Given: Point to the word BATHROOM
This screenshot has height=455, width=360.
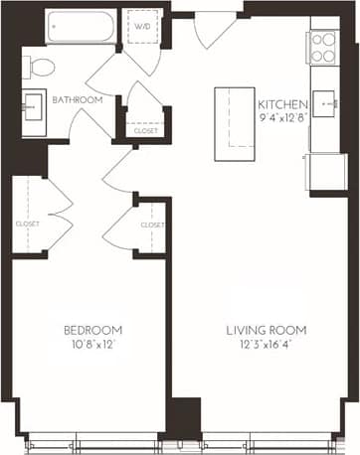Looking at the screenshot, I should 74,99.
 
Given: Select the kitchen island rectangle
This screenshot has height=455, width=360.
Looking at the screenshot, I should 233,116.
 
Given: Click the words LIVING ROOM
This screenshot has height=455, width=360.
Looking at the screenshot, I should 266,330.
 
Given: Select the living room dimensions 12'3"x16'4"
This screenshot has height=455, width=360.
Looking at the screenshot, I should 266,347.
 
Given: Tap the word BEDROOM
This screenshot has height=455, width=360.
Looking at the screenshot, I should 92,330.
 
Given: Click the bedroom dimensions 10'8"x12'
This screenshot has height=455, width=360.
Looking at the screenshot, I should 92,347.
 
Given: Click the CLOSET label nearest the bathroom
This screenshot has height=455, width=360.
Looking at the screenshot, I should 144,130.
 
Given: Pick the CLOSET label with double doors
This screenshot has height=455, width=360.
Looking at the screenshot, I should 28,224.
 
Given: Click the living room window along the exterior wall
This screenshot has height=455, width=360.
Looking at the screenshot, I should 269,437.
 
